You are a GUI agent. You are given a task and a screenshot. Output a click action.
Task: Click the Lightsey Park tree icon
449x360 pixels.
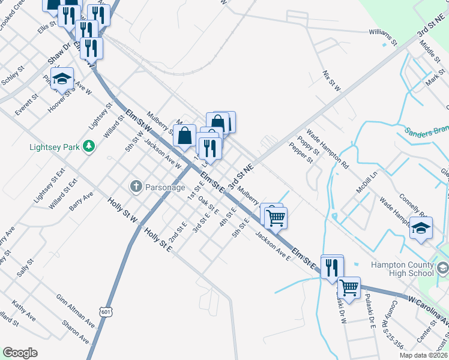[x=89, y=146]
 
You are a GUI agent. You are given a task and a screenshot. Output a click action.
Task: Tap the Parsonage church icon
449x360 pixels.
[x=136, y=187]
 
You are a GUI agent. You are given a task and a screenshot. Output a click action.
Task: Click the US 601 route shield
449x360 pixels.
[x=106, y=312]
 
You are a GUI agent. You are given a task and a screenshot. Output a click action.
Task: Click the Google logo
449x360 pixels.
[x=20, y=353]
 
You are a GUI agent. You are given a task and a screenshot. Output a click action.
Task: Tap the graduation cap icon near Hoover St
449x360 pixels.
[x=62, y=79]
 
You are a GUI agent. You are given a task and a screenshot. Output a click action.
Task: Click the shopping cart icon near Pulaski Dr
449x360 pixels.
[x=349, y=287]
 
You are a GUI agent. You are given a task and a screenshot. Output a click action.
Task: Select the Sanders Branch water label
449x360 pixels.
[x=426, y=133]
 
